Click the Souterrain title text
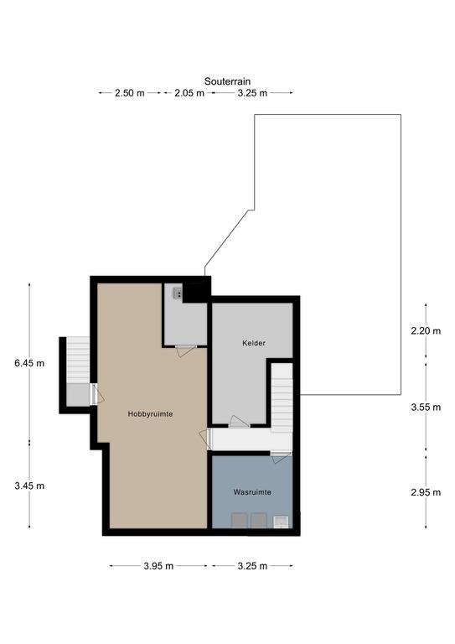[x=227, y=81]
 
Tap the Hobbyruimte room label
[x=150, y=414]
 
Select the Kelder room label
[x=254, y=343]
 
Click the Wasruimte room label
[x=252, y=492]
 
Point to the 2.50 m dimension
[x=130, y=93]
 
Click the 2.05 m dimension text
[x=189, y=93]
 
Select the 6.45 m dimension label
[x=29, y=363]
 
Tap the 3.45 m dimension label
[x=29, y=486]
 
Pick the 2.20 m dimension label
[x=426, y=330]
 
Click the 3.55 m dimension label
[x=426, y=407]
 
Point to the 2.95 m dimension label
[x=426, y=492]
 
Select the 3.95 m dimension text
[x=158, y=566]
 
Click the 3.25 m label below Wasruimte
[x=252, y=566]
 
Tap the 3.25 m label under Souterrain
[x=252, y=93]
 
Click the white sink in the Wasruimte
[x=281, y=522]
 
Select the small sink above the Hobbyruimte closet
[x=178, y=293]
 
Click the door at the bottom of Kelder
[x=239, y=422]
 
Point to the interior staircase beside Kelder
[x=282, y=398]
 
